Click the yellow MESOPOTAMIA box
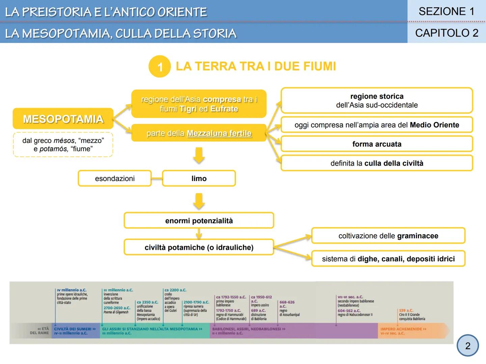coord(63,119)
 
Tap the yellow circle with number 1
coord(160,66)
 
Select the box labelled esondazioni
coord(115,178)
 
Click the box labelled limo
coord(199,178)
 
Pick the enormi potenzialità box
coord(199,221)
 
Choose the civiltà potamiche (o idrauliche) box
coord(199,247)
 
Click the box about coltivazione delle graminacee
coord(388,236)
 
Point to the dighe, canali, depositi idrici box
coord(388,259)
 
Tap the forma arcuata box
coord(377,144)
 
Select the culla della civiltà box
coord(377,163)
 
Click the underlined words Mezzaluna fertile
coord(219,133)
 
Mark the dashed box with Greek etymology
coord(63,145)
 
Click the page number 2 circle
coord(467,346)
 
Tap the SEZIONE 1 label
coord(446,11)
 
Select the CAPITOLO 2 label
coord(446,33)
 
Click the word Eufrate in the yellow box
coord(224,109)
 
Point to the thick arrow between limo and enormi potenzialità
coord(199,201)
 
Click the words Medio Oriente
coord(434,125)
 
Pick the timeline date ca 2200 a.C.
coord(175,290)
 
